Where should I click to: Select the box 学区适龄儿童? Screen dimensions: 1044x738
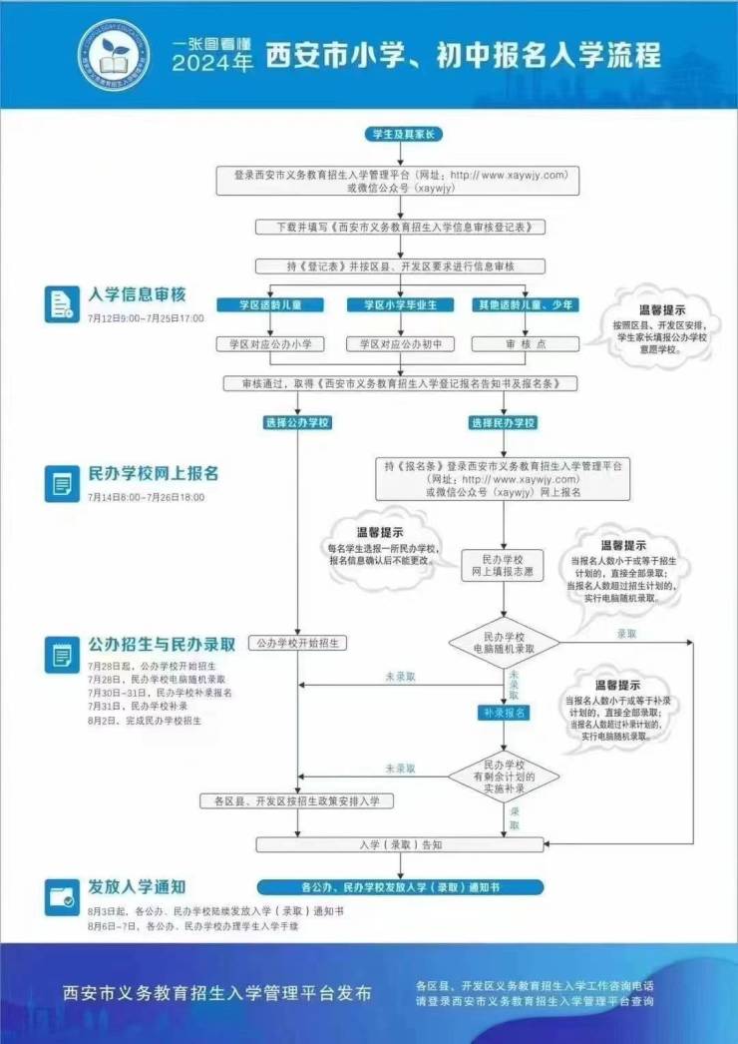264,303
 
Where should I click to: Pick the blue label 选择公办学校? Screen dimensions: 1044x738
297,423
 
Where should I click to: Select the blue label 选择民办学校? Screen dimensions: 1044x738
504,423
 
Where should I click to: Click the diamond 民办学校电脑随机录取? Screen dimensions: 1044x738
504,642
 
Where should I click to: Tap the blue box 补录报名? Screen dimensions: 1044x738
504,713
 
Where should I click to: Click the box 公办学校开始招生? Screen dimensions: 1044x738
297,643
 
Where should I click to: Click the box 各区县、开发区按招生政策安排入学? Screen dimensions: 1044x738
297,800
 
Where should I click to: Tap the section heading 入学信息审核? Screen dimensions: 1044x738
137,295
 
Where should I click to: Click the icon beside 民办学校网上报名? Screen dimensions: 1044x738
62,483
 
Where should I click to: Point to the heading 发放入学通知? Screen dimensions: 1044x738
137,886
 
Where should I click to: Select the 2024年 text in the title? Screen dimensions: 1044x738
212,64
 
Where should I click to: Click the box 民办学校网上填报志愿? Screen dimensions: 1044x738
504,566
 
